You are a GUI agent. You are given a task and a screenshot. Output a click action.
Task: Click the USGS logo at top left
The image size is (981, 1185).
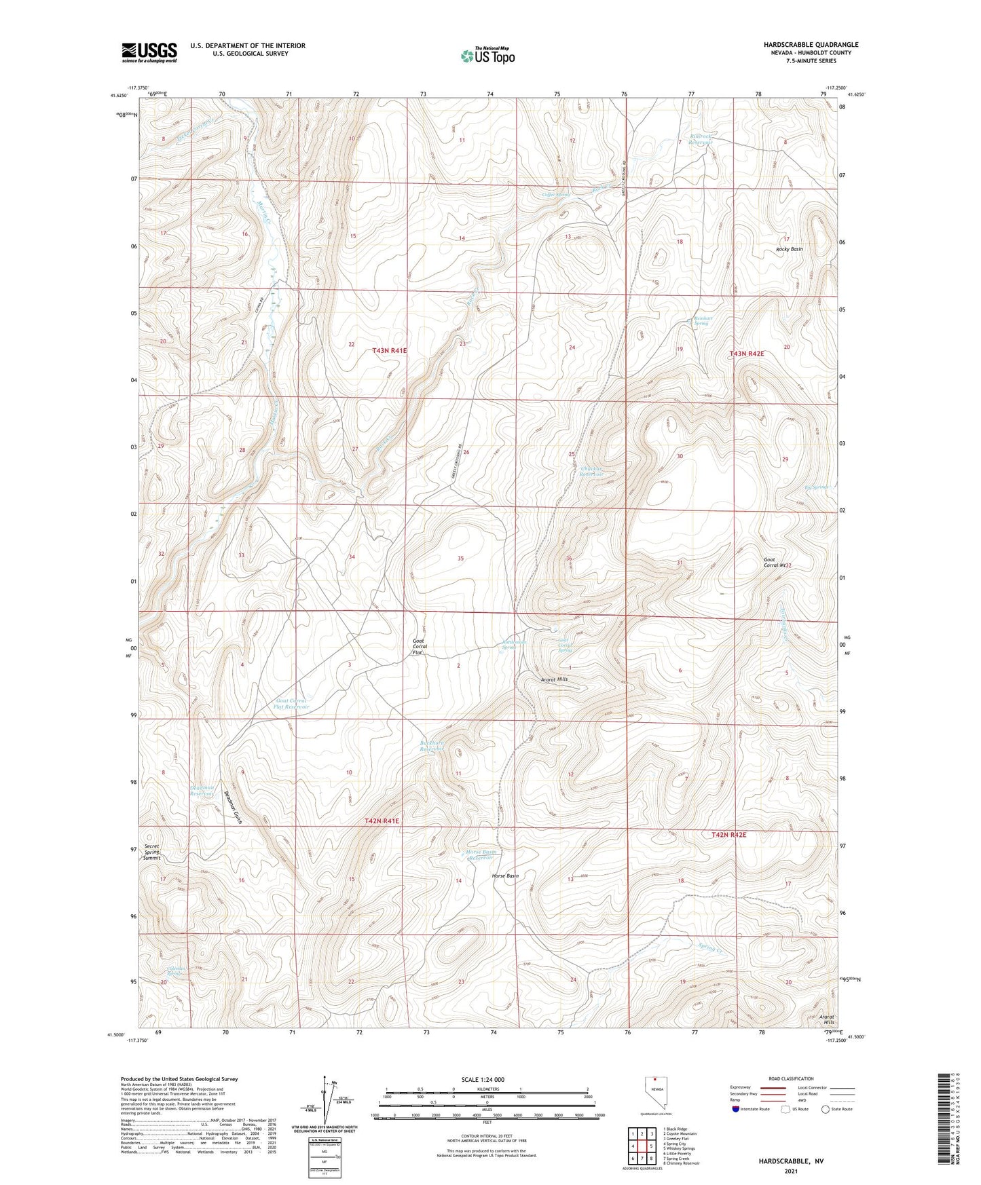click(x=149, y=52)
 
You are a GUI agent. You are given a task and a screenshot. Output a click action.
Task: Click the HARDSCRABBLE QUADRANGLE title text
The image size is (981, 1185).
click(x=801, y=45)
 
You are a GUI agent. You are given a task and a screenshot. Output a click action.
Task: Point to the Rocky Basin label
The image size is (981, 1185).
click(x=789, y=249)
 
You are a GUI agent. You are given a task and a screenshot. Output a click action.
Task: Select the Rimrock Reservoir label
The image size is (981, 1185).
click(x=702, y=139)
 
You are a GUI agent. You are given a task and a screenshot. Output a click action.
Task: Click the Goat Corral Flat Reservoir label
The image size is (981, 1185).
click(x=291, y=703)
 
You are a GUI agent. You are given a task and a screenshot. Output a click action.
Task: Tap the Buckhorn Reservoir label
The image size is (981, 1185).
click(x=432, y=745)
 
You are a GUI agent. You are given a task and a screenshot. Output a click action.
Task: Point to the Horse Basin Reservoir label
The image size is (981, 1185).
click(x=481, y=854)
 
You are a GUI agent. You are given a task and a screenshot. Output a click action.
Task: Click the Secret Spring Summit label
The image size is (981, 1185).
click(x=152, y=852)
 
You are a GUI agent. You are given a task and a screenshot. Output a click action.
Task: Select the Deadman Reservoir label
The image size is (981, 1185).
click(x=202, y=790)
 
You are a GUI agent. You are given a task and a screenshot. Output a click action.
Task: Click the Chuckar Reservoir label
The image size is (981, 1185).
click(x=592, y=471)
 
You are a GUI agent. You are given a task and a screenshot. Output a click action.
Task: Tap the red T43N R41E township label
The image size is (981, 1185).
click(x=390, y=351)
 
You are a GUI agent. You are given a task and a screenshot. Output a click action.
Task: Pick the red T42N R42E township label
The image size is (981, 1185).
click(x=728, y=834)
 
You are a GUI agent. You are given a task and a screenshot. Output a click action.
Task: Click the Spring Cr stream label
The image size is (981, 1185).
click(x=711, y=948)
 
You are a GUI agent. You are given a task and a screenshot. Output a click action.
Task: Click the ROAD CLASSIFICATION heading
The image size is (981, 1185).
click(x=791, y=1078)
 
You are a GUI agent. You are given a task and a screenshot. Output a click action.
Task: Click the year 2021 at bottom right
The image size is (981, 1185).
click(x=791, y=1171)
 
